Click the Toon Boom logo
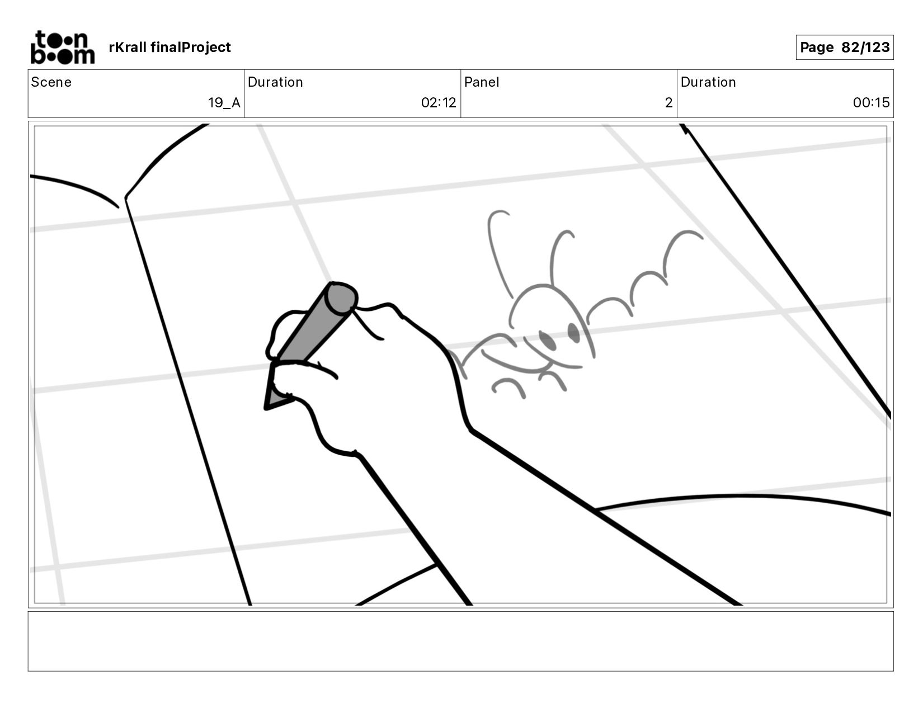coord(62,48)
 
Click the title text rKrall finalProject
coord(169,48)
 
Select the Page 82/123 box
coord(844,48)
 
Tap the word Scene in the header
coord(51,82)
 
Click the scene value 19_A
coord(224,103)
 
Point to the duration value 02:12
coord(438,103)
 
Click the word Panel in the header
coord(481,82)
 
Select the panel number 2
coord(668,103)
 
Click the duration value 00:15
coord(870,103)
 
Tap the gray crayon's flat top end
coord(342,298)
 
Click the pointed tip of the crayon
coord(269,404)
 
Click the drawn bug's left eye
coord(547,341)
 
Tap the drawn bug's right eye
coord(574,332)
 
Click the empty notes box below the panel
coord(460,641)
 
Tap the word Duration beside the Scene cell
coord(275,82)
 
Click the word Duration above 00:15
coord(708,82)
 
